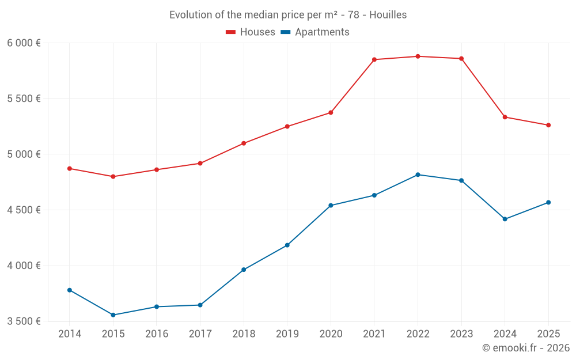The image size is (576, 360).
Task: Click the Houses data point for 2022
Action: [x=418, y=56]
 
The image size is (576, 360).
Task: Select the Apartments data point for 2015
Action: [x=113, y=315]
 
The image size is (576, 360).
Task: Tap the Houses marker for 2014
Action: [x=70, y=169]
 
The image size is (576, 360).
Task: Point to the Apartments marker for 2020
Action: [x=331, y=206]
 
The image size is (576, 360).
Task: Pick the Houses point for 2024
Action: [x=505, y=117]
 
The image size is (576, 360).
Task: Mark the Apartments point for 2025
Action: [x=548, y=203]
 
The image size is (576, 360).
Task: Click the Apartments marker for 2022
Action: [x=418, y=175]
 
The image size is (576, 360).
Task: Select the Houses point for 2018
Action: [x=244, y=143]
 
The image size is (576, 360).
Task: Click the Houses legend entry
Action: [x=251, y=32]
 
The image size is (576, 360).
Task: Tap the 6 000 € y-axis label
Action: [x=24, y=43]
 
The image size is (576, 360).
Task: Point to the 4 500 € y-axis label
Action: [x=24, y=210]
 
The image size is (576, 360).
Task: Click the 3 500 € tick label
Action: [x=24, y=321]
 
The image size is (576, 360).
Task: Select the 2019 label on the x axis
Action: [x=287, y=334]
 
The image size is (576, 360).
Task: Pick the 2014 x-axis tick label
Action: [x=70, y=334]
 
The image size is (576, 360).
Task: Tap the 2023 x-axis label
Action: [x=461, y=334]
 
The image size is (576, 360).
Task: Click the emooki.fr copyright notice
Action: [x=526, y=348]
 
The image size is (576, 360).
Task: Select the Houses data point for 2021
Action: [x=374, y=60]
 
